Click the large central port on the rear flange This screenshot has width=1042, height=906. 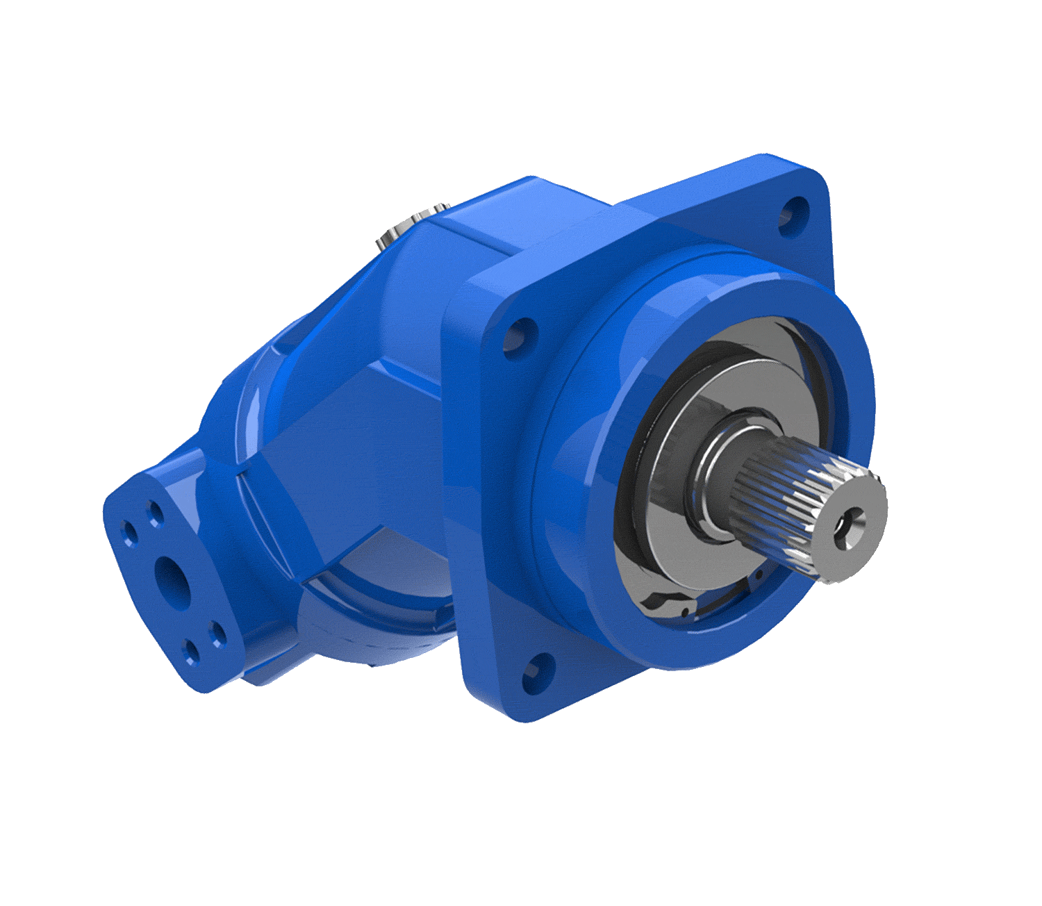point(170,571)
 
